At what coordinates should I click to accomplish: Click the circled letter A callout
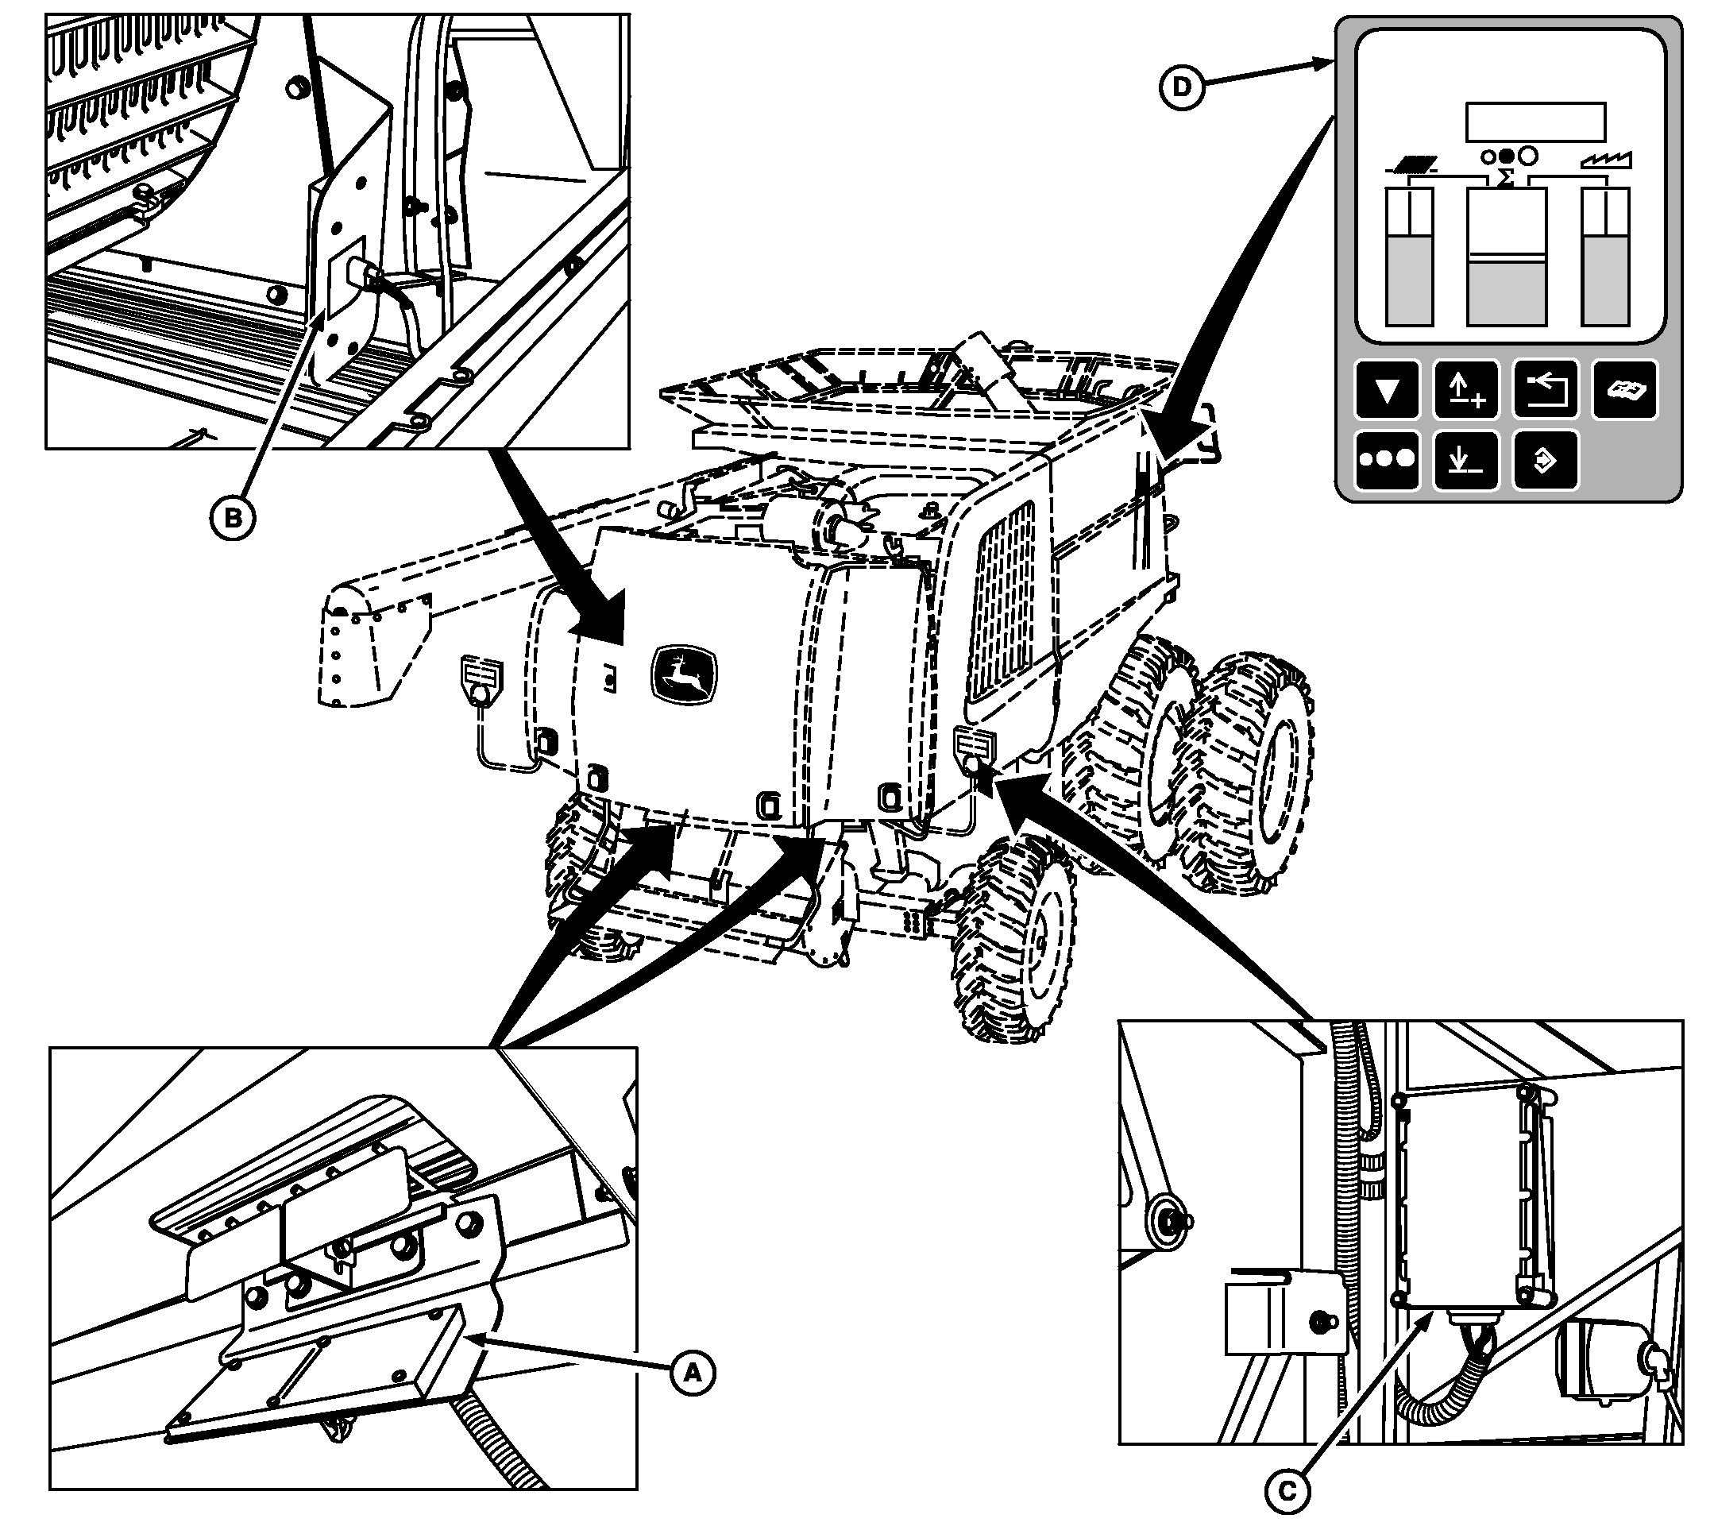692,1373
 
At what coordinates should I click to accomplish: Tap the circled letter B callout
232,518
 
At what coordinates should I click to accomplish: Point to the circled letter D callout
1182,87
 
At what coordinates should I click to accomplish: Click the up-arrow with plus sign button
1465,390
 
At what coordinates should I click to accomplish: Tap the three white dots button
1386,460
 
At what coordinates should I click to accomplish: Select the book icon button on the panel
1625,390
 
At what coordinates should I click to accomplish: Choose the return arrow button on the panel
1545,390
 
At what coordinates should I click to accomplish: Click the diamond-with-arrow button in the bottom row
1545,460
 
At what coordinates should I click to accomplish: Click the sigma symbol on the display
1507,177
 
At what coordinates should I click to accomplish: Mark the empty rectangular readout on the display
1536,122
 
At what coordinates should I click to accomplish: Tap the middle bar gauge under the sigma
1506,257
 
